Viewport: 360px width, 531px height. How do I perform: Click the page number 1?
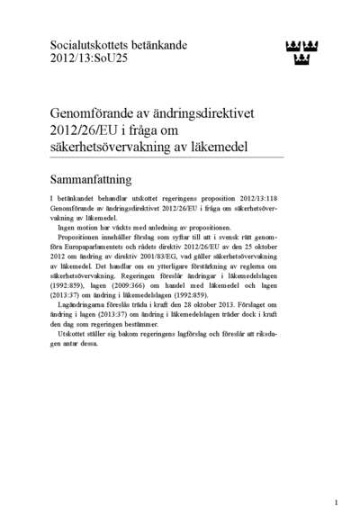click(336, 502)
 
